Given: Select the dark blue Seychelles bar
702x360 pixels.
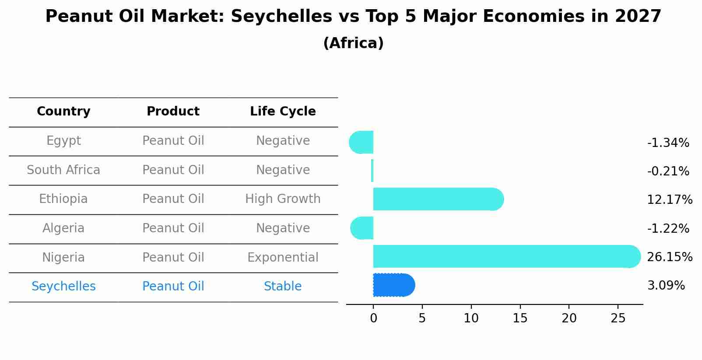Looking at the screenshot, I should [x=393, y=285].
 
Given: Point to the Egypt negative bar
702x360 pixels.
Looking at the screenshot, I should [x=362, y=142].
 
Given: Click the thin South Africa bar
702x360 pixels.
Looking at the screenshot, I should [x=372, y=171].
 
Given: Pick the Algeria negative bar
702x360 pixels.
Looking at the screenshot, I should [x=362, y=228].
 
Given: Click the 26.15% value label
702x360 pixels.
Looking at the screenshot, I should [x=669, y=257].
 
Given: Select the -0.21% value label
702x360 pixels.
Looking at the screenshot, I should [x=668, y=171].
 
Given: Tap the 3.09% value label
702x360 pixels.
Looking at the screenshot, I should [x=666, y=286].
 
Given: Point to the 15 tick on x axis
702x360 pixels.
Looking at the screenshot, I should [x=520, y=318].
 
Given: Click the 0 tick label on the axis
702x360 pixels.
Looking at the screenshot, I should [x=373, y=318].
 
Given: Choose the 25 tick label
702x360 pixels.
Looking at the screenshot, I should [x=618, y=318].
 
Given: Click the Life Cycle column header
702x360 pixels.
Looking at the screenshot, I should [x=283, y=112].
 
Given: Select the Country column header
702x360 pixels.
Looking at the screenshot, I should [x=63, y=112].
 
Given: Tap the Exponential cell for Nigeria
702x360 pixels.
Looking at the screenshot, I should [x=283, y=257].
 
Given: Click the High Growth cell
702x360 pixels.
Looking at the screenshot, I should [x=283, y=199].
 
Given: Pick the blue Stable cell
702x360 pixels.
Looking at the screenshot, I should [x=283, y=287].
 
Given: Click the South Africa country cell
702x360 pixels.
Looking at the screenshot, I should [x=63, y=170].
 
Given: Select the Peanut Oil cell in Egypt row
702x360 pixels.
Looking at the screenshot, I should [x=173, y=141].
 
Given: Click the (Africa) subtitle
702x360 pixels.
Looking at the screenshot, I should [x=353, y=43].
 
